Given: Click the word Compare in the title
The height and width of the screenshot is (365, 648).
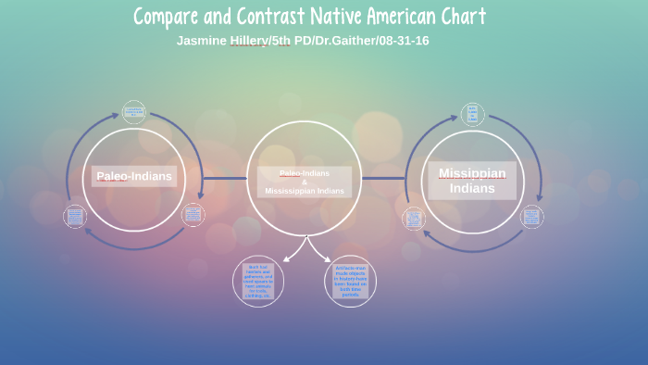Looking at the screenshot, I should tap(171, 16).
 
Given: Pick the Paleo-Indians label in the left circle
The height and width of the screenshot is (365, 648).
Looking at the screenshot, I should tap(134, 176).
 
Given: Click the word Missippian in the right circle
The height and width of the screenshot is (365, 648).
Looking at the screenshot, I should tap(472, 173).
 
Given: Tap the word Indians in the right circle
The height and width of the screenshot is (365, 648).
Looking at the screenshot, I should tap(472, 188).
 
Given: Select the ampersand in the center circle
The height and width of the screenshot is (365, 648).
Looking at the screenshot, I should tap(304, 182).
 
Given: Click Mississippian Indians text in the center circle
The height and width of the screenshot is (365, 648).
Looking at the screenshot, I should tap(304, 191).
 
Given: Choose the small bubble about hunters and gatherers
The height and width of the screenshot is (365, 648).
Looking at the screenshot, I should tap(258, 281).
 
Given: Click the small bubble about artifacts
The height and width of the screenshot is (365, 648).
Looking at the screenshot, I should tap(351, 282).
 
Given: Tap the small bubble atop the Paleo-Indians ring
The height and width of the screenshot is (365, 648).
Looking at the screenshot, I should tap(134, 112).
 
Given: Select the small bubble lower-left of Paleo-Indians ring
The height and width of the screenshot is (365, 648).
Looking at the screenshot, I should tap(75, 217).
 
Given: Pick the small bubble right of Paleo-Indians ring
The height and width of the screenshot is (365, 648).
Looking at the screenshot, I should tap(193, 215).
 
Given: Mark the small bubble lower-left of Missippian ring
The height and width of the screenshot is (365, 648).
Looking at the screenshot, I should tap(414, 220).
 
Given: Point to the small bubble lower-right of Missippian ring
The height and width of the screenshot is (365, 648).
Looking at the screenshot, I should tap(531, 218).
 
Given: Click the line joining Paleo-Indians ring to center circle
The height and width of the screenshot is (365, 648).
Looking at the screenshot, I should tap(225, 178).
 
